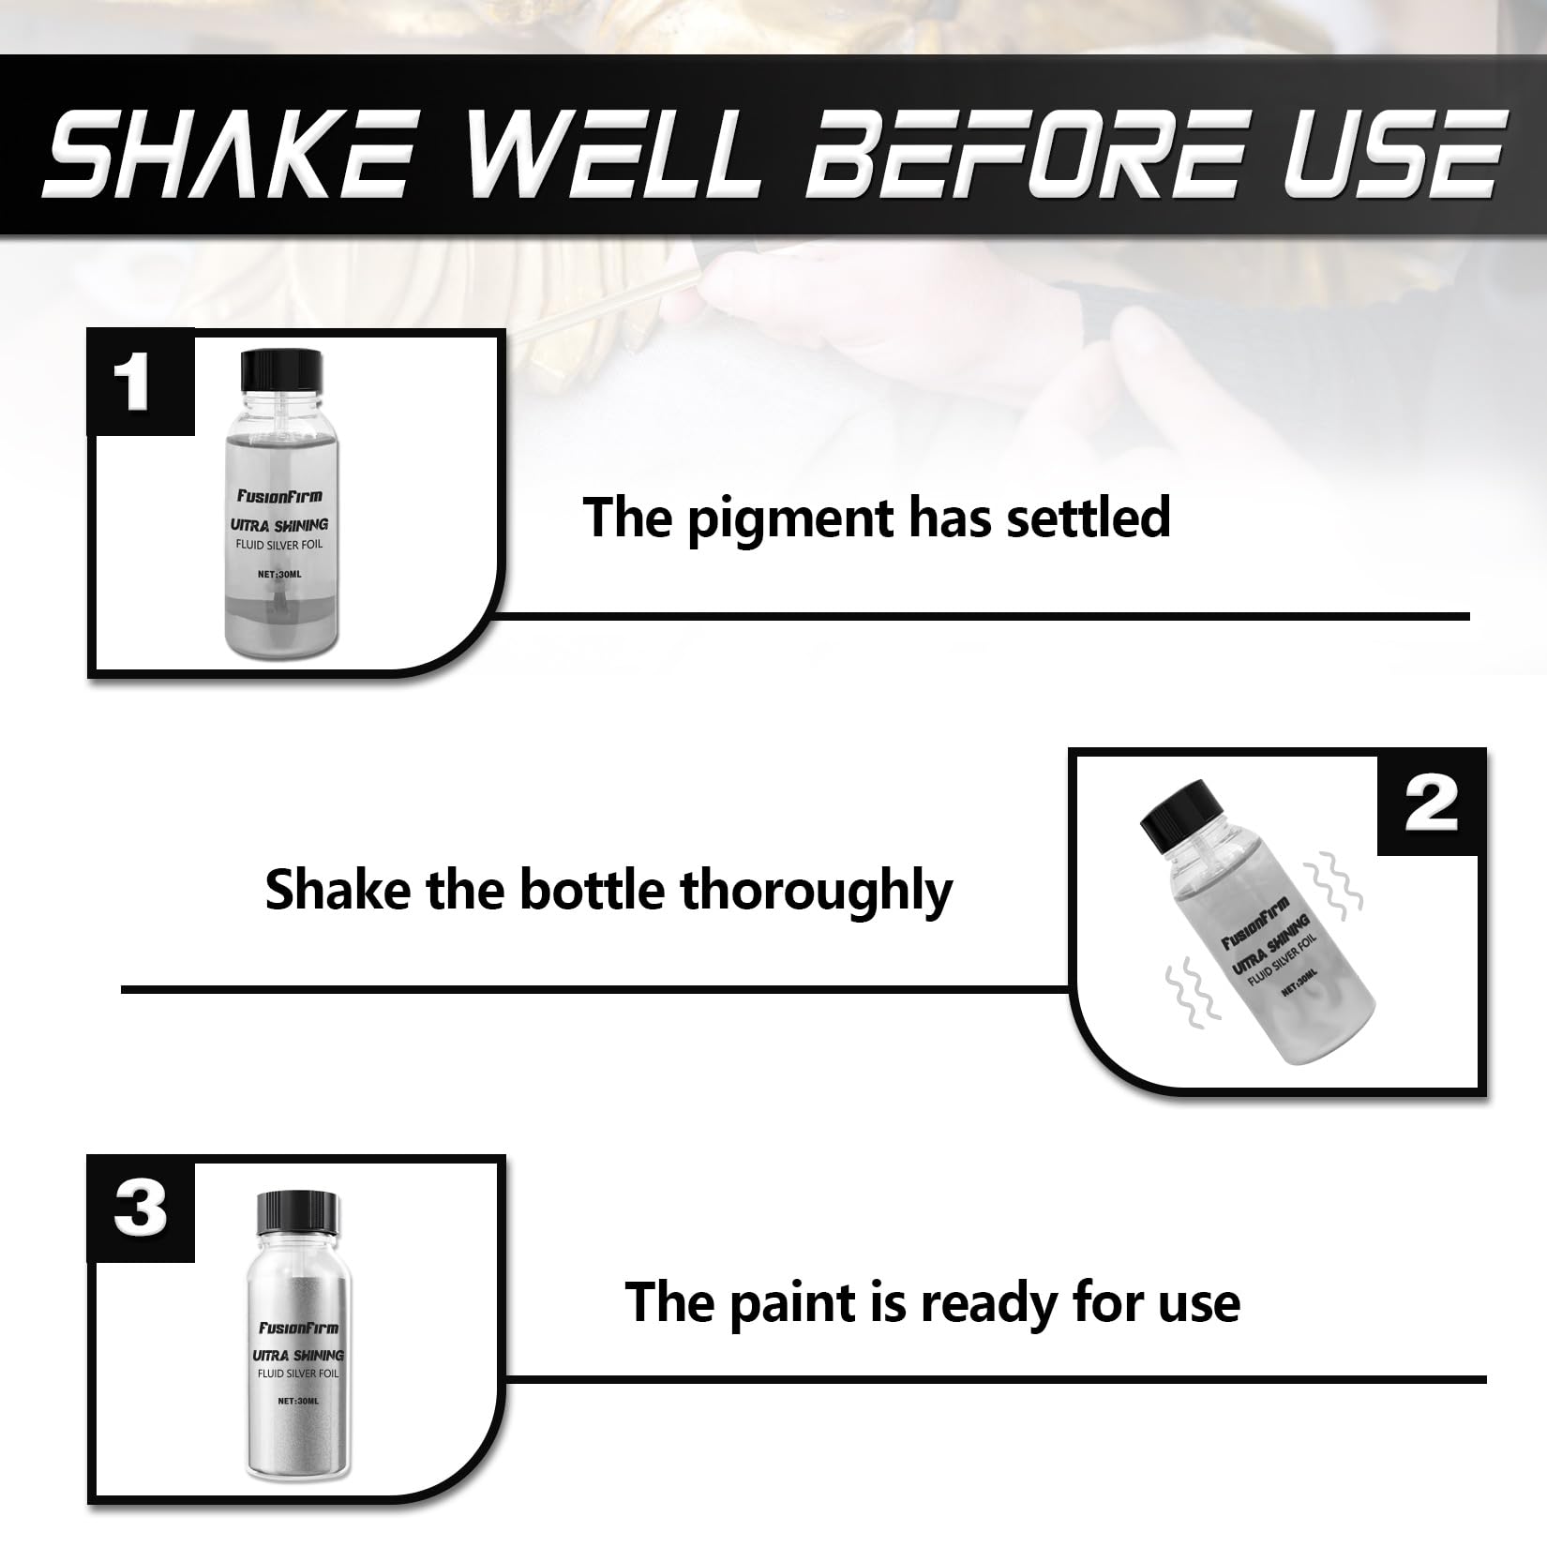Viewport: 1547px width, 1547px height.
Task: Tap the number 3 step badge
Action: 141,1209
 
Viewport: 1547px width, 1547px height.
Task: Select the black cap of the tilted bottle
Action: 1177,817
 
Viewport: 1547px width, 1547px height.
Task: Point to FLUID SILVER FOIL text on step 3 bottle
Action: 298,1374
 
